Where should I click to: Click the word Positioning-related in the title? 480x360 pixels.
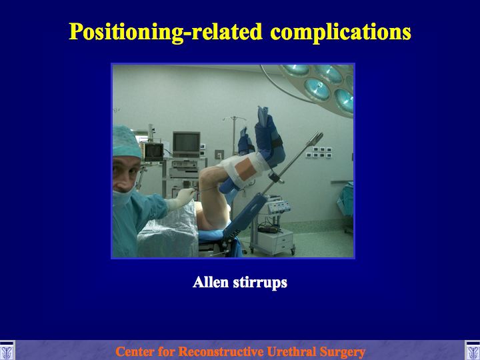(165, 32)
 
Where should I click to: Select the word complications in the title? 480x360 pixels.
(341, 32)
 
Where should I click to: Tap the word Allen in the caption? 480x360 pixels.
(211, 282)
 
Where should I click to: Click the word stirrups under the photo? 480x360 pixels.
(260, 283)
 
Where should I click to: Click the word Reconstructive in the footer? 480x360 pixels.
(221, 351)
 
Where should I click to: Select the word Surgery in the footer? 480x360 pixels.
(342, 352)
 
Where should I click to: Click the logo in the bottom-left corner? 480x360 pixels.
(7, 350)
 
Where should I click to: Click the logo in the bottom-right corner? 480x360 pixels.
(473, 350)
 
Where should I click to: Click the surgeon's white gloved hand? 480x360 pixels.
(183, 199)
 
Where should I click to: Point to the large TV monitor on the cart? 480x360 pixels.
(186, 144)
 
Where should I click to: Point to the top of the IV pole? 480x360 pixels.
(234, 118)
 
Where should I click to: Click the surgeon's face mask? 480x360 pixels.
(123, 197)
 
